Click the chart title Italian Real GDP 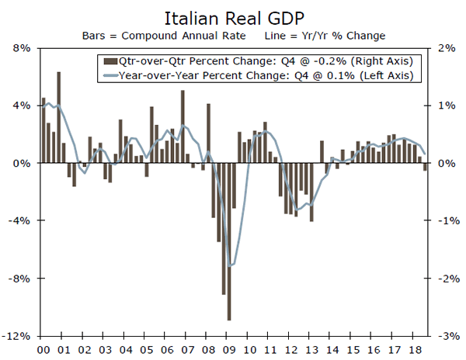click(233, 17)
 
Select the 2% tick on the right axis click(445, 48)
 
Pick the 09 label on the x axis click(231, 351)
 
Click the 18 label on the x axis click(416, 351)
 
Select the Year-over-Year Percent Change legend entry click(256, 75)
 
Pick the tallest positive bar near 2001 click(59, 117)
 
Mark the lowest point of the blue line click(230, 265)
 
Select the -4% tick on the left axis click(20, 221)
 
